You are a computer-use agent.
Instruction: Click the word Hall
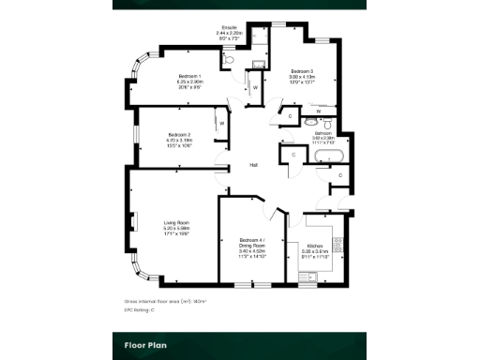[253, 166]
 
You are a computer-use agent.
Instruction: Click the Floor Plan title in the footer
[145, 344]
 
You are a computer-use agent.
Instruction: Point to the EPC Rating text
[141, 308]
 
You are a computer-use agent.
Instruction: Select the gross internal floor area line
[165, 301]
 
